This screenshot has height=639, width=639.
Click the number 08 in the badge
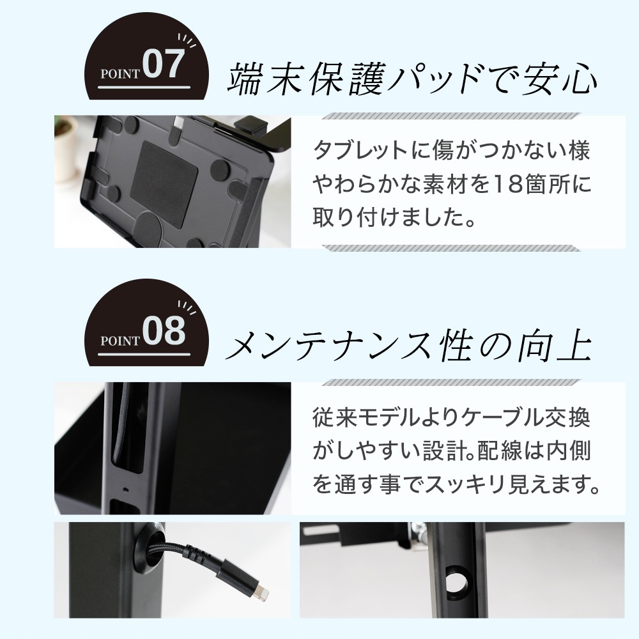click(164, 332)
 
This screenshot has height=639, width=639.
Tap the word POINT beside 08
click(120, 339)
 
